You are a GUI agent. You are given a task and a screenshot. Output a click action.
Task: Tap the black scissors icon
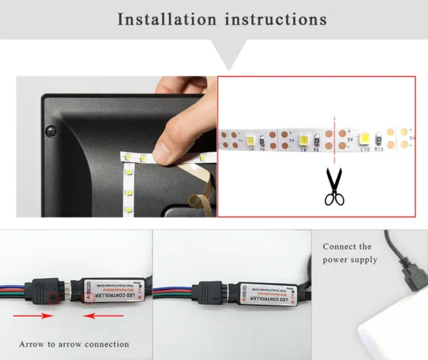click(333, 187)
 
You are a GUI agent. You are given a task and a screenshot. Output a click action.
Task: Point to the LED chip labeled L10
click(364, 137)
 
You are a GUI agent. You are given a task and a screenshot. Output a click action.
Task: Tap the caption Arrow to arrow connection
click(74, 344)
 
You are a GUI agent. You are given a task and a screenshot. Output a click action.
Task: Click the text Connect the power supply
click(350, 253)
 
